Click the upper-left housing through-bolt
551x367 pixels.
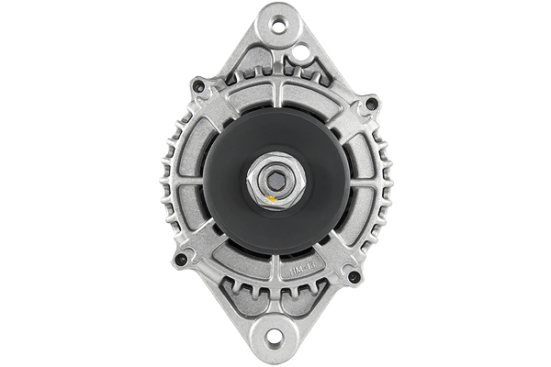pos(197,88)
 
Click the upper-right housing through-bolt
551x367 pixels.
pos(371,105)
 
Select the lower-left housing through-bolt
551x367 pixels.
pos(180,259)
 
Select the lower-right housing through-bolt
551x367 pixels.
pos(354,276)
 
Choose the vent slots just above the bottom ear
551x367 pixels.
pos(275,298)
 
